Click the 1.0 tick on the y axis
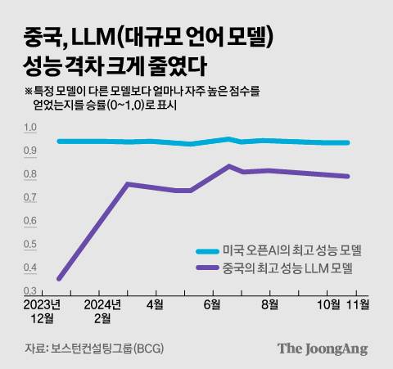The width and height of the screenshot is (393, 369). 31,128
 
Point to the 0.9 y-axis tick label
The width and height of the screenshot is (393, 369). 31,151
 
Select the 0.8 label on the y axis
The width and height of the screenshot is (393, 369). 31,174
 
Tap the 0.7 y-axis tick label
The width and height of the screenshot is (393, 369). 31,198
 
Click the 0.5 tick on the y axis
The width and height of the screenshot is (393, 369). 31,245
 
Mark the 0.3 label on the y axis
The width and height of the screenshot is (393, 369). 31,290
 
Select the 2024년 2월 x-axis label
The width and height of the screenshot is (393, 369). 102,310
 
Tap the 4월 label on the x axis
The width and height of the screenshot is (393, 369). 155,304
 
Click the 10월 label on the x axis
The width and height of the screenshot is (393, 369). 328,304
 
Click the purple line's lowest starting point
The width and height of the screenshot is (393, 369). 59,279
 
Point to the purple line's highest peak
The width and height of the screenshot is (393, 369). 228,166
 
